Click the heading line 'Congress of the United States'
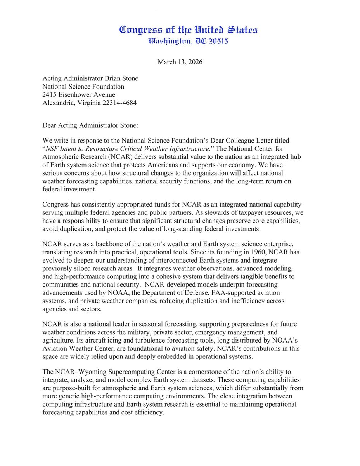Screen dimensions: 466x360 click(x=188, y=30)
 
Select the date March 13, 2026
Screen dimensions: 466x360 click(x=180, y=62)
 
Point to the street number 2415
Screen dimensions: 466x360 click(x=50, y=95)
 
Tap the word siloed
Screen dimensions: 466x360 click(x=85, y=268)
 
